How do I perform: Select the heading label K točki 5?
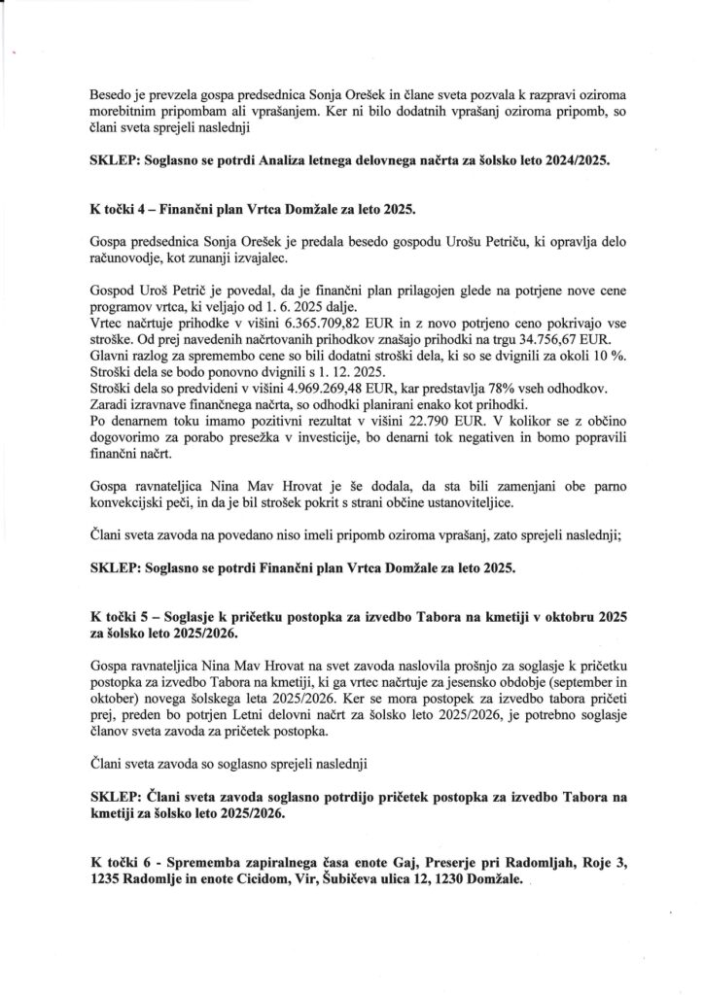[123, 616]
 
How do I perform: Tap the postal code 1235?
[107, 883]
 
